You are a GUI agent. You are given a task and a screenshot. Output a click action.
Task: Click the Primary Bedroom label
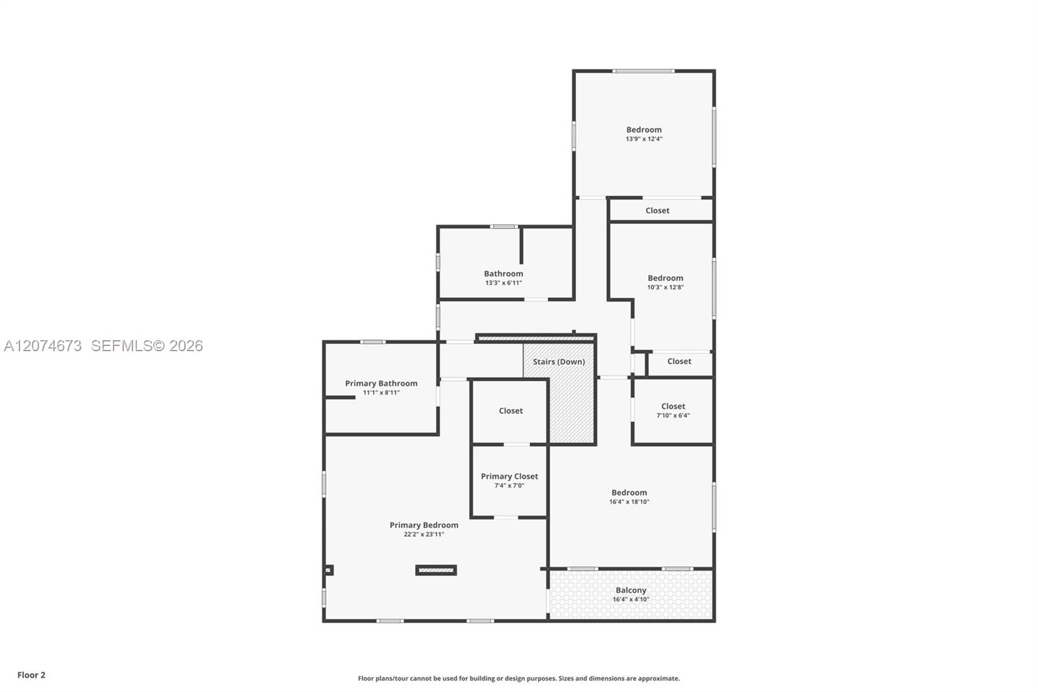pos(424,525)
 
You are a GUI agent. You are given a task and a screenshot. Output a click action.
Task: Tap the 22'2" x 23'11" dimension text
pos(424,534)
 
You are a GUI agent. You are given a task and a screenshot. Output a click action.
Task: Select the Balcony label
pos(631,591)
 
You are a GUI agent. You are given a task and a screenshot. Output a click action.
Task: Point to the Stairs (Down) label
pos(559,362)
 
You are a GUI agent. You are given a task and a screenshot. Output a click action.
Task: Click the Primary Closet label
pos(509,476)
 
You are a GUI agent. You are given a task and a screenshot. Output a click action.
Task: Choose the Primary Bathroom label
pos(381,384)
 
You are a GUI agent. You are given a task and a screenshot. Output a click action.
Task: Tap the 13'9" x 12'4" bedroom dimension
pos(644,139)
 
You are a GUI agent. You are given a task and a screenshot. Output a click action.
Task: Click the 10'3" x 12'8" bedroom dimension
pos(666,287)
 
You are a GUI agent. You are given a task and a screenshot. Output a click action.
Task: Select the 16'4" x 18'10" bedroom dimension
pos(629,501)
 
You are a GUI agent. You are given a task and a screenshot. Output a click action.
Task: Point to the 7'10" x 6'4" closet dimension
pos(673,415)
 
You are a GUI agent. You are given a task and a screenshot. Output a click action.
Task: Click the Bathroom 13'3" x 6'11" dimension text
pos(503,283)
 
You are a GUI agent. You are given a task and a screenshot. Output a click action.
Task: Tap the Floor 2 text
pos(32,675)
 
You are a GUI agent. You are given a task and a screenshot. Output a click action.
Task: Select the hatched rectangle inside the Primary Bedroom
pos(436,570)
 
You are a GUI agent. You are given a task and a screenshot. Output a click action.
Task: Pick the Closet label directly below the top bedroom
pos(657,210)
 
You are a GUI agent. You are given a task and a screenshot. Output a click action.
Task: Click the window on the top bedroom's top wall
pos(643,71)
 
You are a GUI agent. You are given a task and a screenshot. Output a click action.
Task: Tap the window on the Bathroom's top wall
pos(503,227)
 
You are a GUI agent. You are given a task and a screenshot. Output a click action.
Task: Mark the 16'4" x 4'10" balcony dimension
pos(631,599)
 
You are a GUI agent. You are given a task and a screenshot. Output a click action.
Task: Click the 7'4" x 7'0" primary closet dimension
pos(509,486)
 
